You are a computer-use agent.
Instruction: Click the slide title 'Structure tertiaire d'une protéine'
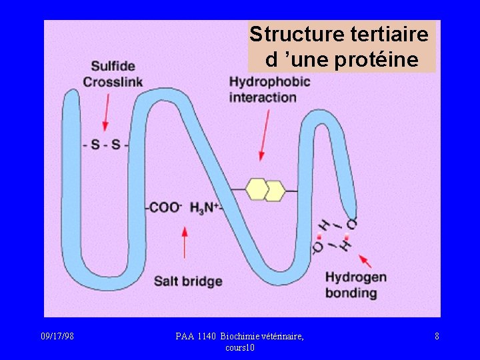click(x=341, y=46)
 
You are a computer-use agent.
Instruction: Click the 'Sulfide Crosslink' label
click(x=113, y=74)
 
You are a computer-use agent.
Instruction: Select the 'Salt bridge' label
click(x=188, y=281)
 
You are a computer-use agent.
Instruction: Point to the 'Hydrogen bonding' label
click(x=355, y=285)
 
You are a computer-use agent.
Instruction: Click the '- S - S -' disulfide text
click(x=106, y=144)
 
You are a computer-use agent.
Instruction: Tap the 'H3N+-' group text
click(x=206, y=207)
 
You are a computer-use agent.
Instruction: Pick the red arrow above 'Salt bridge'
click(x=185, y=243)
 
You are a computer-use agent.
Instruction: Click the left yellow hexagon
click(x=257, y=189)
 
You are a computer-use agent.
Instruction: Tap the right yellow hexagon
click(x=274, y=191)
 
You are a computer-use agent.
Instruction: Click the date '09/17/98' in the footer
click(x=57, y=337)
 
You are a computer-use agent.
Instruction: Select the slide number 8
click(x=437, y=337)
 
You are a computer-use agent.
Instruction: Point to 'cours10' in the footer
click(x=240, y=347)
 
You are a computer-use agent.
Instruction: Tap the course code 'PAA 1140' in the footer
click(x=196, y=337)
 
